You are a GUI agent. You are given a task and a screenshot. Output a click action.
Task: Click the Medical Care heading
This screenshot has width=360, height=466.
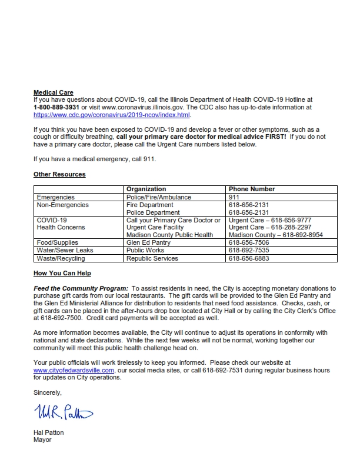click(54, 92)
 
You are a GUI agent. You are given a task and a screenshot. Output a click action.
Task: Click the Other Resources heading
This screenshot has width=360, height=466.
click(59, 175)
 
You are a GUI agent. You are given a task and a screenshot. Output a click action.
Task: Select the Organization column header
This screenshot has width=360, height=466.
click(146, 189)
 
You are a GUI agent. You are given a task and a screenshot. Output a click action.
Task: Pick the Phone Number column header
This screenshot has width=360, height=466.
click(252, 189)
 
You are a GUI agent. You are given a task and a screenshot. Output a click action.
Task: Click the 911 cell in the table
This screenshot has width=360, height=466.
click(234, 197)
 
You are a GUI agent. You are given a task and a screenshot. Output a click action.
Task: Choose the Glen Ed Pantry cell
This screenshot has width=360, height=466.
click(149, 242)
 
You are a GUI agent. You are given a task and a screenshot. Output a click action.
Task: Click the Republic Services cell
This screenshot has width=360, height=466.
click(152, 258)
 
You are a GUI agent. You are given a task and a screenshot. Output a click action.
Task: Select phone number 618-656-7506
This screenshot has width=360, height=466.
click(249, 242)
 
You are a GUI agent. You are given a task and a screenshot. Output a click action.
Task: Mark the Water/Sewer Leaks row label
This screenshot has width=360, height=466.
click(65, 250)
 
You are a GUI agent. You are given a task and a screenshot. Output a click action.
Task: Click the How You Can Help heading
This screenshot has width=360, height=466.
click(62, 273)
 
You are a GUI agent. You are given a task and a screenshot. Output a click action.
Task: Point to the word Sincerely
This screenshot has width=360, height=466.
click(47, 392)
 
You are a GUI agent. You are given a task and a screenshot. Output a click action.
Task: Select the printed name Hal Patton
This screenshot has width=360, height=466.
click(49, 432)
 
